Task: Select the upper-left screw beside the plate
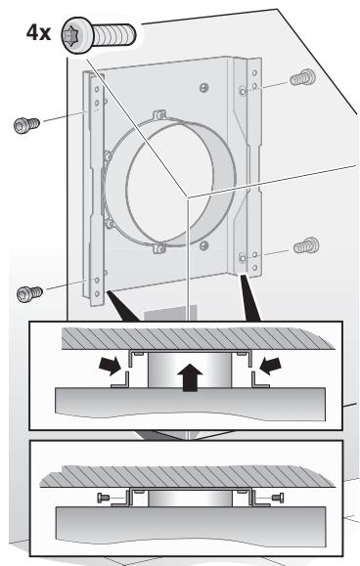pyautogui.click(x=26, y=125)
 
